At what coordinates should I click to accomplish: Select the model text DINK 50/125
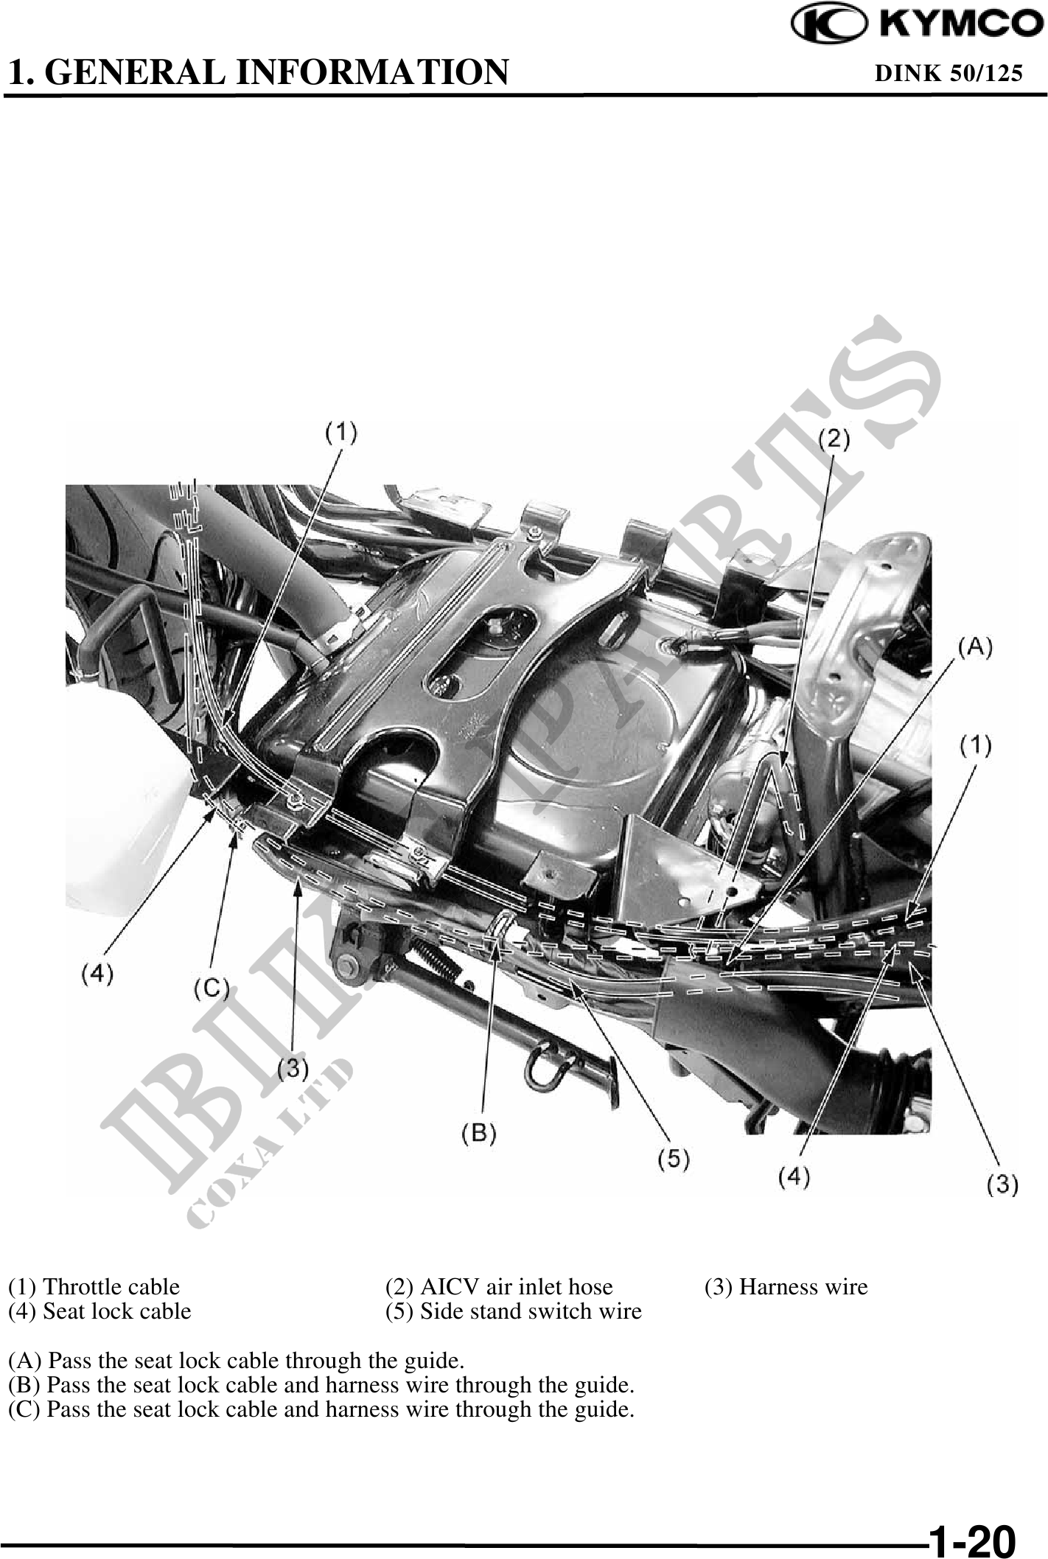[948, 73]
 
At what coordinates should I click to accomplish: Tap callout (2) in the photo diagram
[834, 439]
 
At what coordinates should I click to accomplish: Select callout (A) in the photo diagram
[975, 647]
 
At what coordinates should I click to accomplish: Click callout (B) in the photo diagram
[478, 1133]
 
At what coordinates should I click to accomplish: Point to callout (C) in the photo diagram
[212, 988]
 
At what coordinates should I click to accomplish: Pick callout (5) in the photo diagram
[674, 1159]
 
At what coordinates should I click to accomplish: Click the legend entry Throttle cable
[94, 1286]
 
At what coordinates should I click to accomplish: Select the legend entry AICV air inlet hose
[499, 1286]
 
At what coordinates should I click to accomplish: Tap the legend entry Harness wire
[786, 1286]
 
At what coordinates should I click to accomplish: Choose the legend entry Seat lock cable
[99, 1311]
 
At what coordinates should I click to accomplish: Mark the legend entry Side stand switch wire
[513, 1311]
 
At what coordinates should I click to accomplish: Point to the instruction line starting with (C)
[321, 1409]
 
